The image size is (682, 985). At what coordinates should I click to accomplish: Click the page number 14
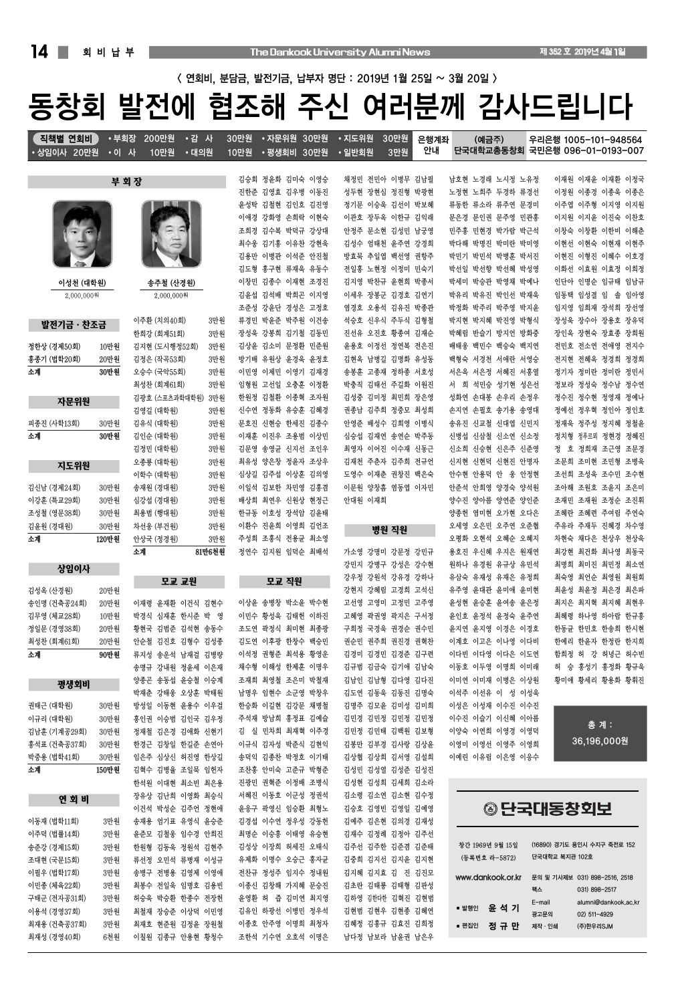click(x=39, y=52)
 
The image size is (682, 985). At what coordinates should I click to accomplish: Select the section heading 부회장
click(x=126, y=182)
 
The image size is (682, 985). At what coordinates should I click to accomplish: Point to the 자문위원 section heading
click(x=74, y=402)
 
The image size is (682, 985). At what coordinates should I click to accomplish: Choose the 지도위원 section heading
click(x=74, y=465)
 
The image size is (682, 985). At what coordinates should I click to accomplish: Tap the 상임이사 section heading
click(x=74, y=569)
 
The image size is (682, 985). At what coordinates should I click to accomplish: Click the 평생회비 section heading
click(x=74, y=685)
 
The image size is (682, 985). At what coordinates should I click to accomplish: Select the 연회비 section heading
click(x=74, y=800)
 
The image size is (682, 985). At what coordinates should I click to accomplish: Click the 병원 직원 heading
click(x=389, y=530)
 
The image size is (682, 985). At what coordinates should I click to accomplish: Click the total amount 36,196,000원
click(x=600, y=741)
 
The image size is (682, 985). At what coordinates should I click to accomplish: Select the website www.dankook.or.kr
click(x=488, y=877)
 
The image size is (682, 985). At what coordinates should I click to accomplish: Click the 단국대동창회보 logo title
click(x=548, y=808)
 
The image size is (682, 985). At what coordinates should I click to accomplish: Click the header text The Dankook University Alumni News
click(x=340, y=52)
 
